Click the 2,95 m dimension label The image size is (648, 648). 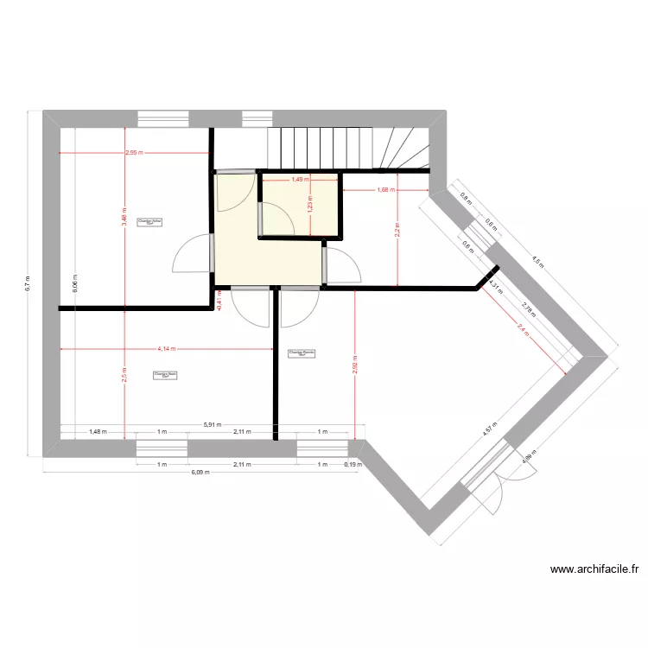coord(134,153)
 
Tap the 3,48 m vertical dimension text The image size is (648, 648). coord(124,220)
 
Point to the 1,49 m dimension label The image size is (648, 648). coord(299,180)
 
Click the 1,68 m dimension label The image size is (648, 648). coord(385,190)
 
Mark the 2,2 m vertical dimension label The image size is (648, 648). coord(397,232)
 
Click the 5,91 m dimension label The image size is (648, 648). coord(212,424)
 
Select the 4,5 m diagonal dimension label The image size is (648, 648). coord(537,261)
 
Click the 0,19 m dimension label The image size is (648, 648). coord(353,464)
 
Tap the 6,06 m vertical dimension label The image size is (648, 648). coord(75,287)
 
